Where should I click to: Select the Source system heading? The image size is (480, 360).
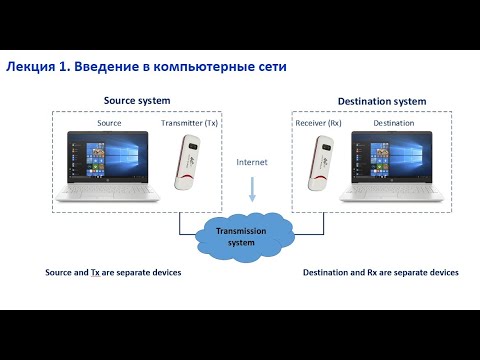[x=137, y=100]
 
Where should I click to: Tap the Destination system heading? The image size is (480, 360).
[x=382, y=101]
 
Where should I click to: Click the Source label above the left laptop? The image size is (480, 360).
[x=109, y=122]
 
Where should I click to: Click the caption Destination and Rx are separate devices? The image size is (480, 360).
[x=381, y=272]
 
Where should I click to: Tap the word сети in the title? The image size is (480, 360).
[x=272, y=67]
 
